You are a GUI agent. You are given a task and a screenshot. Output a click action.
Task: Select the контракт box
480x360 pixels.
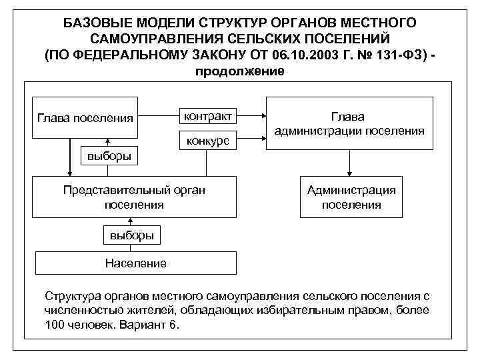208,116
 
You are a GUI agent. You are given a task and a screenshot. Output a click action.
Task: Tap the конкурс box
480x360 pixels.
208,141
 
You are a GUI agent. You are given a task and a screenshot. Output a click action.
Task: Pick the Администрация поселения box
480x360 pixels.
351,197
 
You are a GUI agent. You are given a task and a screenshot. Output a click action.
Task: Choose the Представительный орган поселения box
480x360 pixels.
135,197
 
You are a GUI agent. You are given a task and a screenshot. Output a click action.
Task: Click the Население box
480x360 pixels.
135,263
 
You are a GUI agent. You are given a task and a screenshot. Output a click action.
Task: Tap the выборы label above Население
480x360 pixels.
132,235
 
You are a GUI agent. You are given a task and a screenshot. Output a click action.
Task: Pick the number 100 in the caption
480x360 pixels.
55,326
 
